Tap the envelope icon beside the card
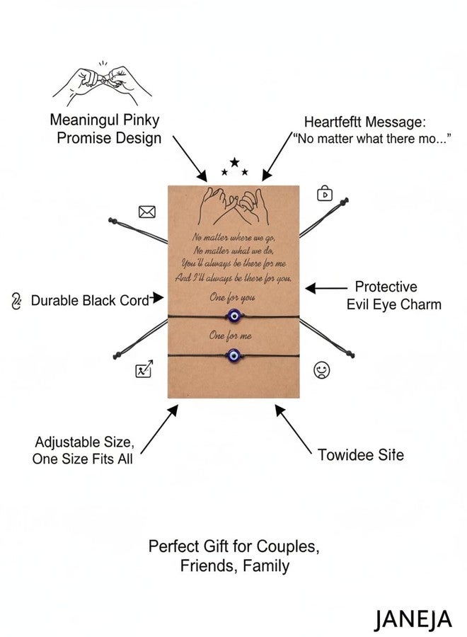tap(146, 212)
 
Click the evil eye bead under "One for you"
tap(234, 315)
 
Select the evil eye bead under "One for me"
tap(233, 355)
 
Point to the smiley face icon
tap(322, 370)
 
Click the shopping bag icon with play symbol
tap(325, 193)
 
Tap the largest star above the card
tap(234, 163)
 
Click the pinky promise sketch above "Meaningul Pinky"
tap(103, 83)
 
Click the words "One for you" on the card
tap(232, 298)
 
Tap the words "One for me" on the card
tap(230, 335)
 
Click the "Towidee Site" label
tap(361, 454)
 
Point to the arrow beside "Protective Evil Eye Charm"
tap(326, 289)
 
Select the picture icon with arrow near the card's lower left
tap(144, 369)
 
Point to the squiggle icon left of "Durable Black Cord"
tap(16, 301)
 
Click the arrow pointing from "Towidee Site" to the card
tap(293, 429)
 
